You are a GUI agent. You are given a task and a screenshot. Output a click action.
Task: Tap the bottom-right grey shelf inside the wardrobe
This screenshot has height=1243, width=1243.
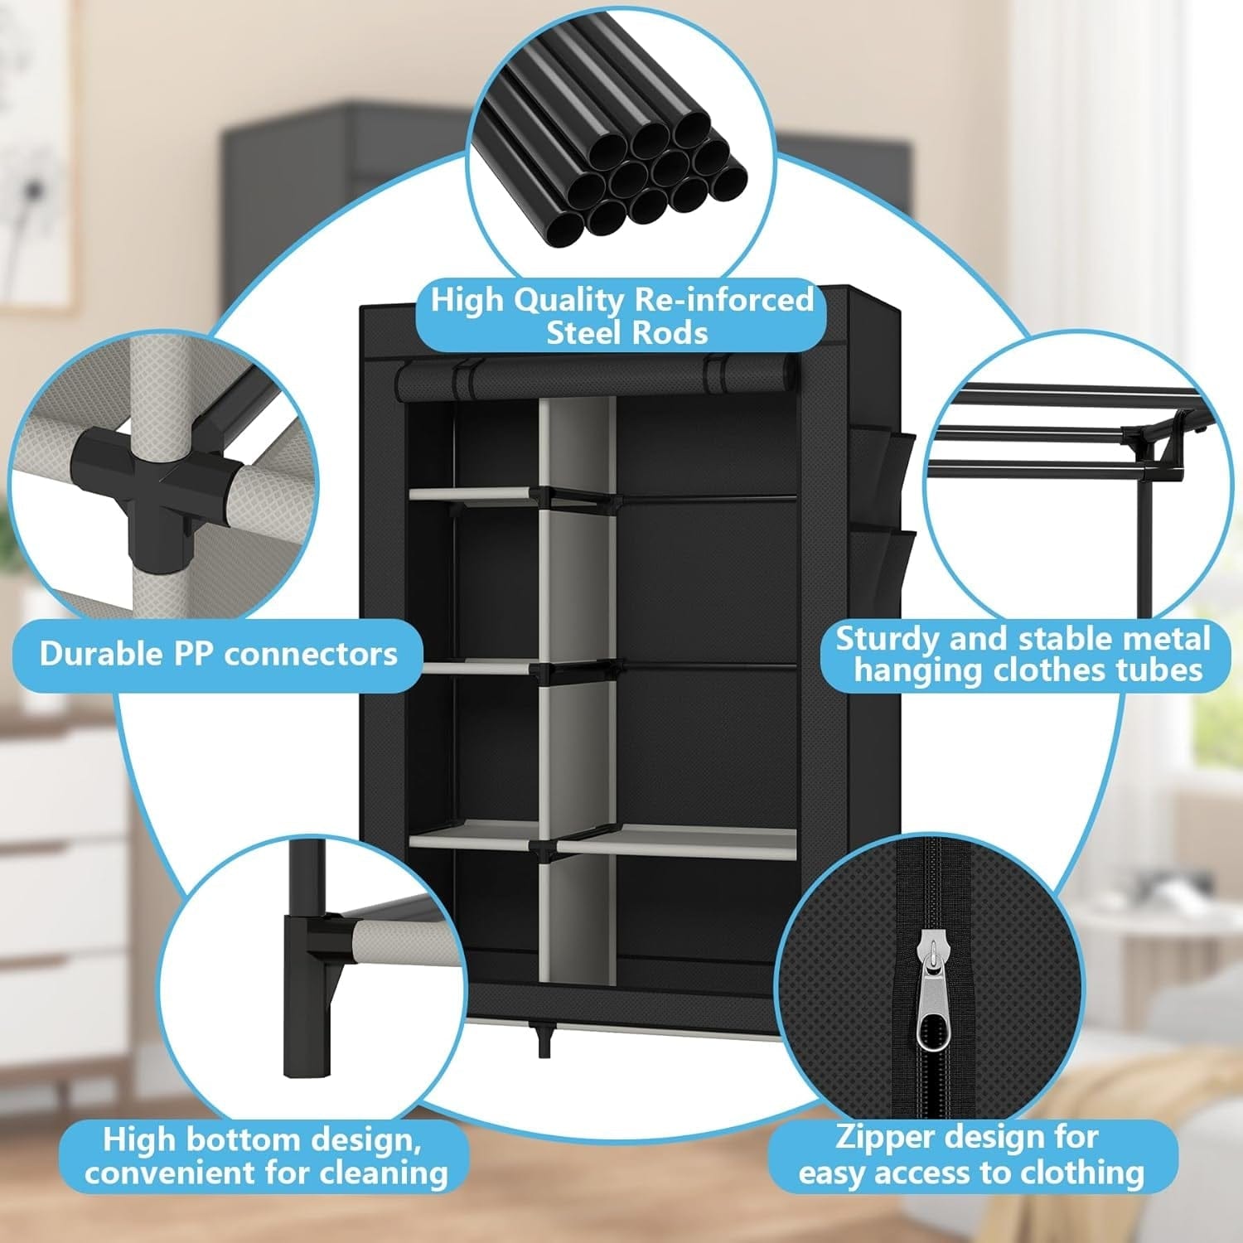[675, 841]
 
